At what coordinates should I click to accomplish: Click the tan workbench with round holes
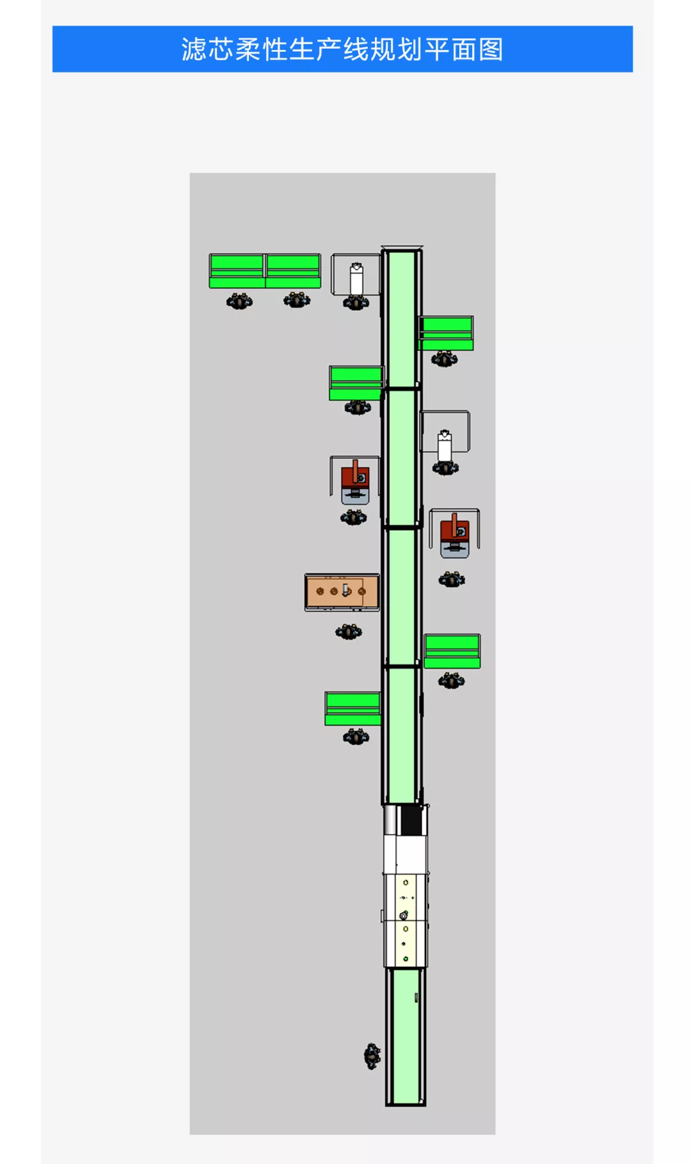click(342, 592)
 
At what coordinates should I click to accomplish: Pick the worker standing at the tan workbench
click(348, 632)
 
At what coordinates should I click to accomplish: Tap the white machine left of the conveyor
click(356, 280)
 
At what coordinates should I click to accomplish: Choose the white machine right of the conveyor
click(445, 445)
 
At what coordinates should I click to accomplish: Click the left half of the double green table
click(237, 271)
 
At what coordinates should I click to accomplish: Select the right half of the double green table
click(293, 271)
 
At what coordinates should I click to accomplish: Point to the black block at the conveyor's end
click(411, 820)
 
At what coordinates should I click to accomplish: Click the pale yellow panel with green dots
click(406, 920)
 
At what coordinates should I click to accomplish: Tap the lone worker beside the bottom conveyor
click(372, 1056)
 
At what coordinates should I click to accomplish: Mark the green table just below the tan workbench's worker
click(353, 708)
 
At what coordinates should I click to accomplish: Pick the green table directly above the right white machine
click(447, 333)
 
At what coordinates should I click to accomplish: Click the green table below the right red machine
click(452, 651)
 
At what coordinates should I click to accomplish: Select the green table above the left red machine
click(356, 383)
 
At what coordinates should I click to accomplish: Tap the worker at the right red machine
click(452, 580)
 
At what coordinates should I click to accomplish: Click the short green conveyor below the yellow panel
click(406, 1037)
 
